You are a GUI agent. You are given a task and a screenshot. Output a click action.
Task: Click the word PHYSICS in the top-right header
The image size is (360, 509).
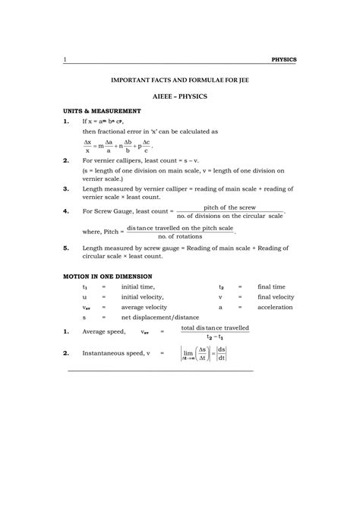click(x=283, y=59)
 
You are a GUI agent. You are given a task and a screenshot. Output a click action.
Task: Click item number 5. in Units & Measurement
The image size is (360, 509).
click(x=66, y=248)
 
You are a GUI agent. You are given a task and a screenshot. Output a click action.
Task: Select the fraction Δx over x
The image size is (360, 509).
click(x=87, y=147)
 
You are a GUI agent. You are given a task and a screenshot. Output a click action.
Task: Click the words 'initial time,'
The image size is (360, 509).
click(x=137, y=287)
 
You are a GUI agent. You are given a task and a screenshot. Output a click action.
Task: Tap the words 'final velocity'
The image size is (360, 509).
click(x=276, y=297)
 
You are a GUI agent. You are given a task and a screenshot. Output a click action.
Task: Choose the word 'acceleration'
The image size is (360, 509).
click(x=275, y=308)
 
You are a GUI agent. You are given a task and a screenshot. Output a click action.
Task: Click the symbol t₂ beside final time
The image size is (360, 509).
click(x=221, y=287)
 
